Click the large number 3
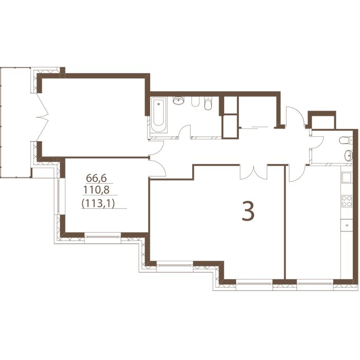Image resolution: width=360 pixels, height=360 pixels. pyautogui.click(x=248, y=211)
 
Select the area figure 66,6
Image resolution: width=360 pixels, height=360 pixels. pyautogui.click(x=97, y=178)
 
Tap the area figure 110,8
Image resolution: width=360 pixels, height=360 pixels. pyautogui.click(x=96, y=190)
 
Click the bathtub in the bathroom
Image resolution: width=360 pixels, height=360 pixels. pyautogui.click(x=158, y=115)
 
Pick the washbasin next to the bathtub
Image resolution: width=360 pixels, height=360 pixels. pyautogui.click(x=179, y=100)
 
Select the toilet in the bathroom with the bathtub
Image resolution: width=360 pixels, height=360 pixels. pyautogui.click(x=208, y=103)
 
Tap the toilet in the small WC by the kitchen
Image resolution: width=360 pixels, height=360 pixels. pyautogui.click(x=346, y=140)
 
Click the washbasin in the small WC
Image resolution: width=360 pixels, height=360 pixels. pyautogui.click(x=349, y=156)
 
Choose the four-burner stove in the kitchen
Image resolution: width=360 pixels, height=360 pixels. pyautogui.click(x=347, y=201)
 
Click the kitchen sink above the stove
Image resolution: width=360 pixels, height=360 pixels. pyautogui.click(x=347, y=178)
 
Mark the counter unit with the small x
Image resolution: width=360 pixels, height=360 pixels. pyautogui.click(x=347, y=225)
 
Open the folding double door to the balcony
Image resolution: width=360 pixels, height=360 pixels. pyautogui.click(x=43, y=117)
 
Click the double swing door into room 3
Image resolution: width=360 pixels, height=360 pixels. pyautogui.click(x=254, y=172)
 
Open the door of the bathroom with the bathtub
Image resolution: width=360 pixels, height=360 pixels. pyautogui.click(x=185, y=132)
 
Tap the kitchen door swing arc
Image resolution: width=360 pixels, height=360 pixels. pyautogui.click(x=297, y=173)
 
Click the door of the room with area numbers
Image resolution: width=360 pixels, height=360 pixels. pyautogui.click(x=157, y=168)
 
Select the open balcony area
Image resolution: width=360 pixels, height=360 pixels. pyautogui.click(x=15, y=122)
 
